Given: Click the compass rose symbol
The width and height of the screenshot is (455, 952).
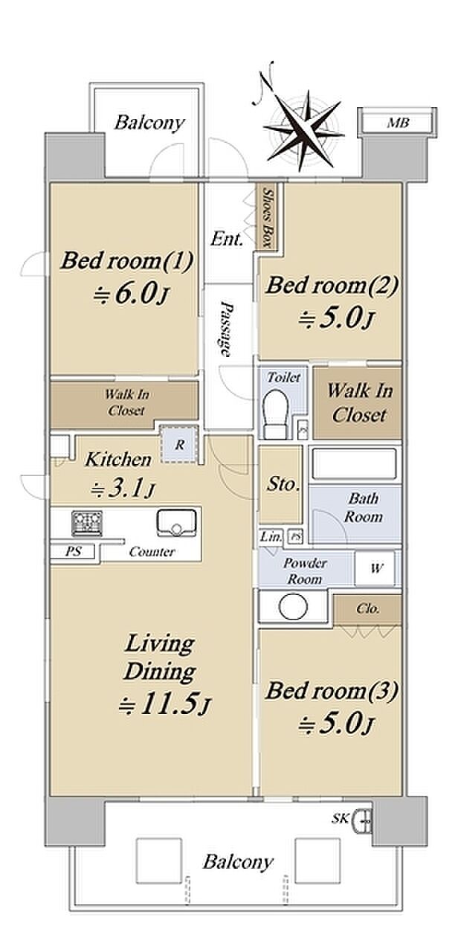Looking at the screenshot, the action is point(302,129).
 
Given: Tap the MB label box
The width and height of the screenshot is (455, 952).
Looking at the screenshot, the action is point(398,123).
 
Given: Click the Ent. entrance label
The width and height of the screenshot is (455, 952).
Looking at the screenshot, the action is point(227,239).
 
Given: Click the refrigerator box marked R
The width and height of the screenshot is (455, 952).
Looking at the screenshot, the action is point(180,445).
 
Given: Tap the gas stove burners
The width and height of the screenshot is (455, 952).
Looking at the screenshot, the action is point(88,523).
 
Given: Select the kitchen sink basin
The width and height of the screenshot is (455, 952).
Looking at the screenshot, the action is point(177,523).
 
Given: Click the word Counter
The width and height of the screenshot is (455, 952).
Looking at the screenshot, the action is point(152,552).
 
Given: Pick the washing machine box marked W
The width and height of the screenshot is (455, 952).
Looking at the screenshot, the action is point(375,567).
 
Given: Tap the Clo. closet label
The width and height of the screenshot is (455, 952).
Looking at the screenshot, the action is point(368,609).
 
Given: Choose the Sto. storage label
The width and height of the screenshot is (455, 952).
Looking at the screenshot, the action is point(282,484).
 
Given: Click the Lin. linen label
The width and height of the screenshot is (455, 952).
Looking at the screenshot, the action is point(271,537).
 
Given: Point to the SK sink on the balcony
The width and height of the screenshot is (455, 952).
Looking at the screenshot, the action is point(364,818).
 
